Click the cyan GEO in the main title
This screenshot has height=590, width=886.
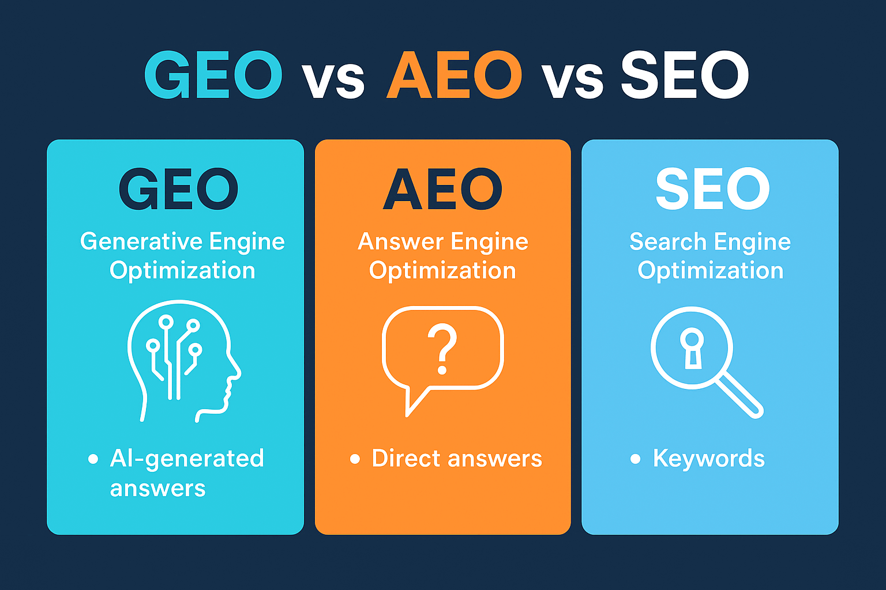(213, 75)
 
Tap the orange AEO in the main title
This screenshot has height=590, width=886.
(454, 75)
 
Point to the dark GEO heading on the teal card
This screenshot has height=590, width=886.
(179, 189)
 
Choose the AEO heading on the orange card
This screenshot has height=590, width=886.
(442, 189)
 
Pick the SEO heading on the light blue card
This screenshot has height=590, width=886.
(712, 189)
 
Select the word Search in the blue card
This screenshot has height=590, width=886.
(667, 241)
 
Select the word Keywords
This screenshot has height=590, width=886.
(708, 459)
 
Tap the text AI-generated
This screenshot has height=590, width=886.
(187, 459)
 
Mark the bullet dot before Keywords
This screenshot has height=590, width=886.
(635, 459)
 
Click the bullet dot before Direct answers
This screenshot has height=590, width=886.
(355, 459)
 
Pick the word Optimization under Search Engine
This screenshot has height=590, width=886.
(710, 270)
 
